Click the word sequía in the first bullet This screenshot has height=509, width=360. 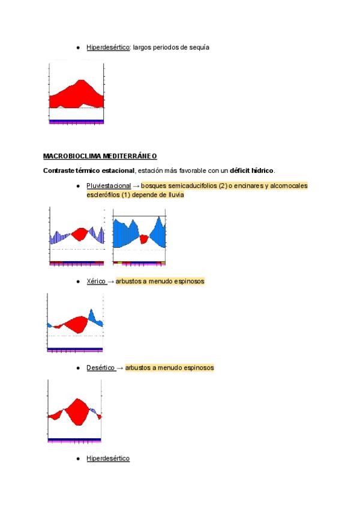pyautogui.click(x=199, y=47)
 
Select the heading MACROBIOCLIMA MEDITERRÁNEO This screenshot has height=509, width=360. pyautogui.click(x=100, y=156)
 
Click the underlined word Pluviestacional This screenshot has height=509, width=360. pyautogui.click(x=108, y=186)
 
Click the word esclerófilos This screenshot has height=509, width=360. pyautogui.click(x=104, y=194)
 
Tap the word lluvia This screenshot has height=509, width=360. pyautogui.click(x=175, y=194)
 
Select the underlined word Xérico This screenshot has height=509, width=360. pyautogui.click(x=96, y=281)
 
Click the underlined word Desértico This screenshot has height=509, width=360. pyautogui.click(x=100, y=367)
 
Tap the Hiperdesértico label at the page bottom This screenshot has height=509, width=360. pyautogui.click(x=108, y=459)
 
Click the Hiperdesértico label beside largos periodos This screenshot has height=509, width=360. pyautogui.click(x=108, y=47)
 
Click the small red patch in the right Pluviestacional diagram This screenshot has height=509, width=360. pyautogui.click(x=143, y=239)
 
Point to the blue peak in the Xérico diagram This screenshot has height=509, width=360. pyautogui.click(x=91, y=315)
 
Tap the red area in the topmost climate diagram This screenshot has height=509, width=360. pyautogui.click(x=76, y=95)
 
